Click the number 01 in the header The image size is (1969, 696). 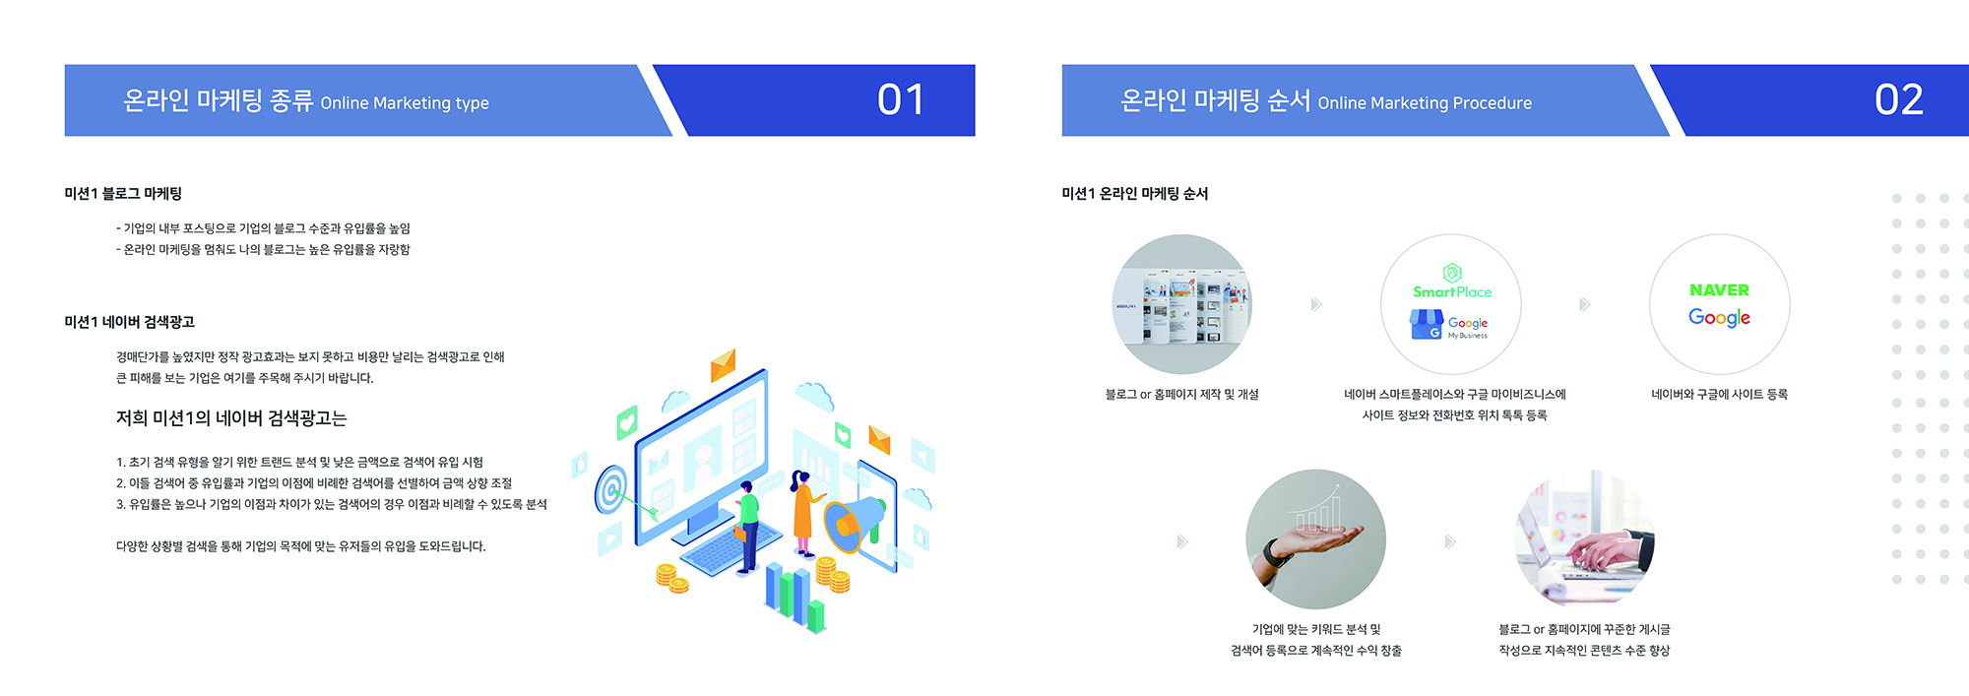[901, 99]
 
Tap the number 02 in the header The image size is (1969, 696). [1899, 99]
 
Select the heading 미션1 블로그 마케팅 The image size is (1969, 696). [123, 194]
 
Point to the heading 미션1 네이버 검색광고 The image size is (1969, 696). [129, 322]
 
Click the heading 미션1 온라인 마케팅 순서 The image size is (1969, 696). [1134, 194]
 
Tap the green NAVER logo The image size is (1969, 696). [1719, 290]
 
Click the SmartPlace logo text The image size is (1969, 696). [1452, 292]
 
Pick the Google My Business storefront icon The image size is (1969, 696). [1426, 324]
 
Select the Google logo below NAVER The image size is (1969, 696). [1719, 317]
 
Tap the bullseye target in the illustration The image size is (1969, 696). [611, 489]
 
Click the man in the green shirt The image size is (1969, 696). [749, 526]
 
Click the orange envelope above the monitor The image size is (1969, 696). [724, 365]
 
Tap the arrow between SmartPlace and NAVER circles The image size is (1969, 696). [1584, 304]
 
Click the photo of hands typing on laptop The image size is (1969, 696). [1584, 539]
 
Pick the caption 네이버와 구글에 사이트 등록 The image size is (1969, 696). [1719, 395]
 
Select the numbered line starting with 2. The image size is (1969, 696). [314, 483]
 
